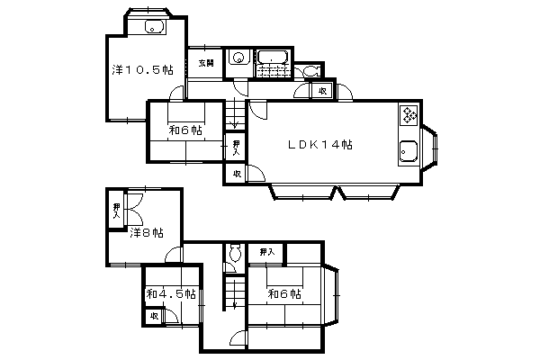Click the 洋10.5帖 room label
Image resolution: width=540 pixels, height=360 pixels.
(142, 70)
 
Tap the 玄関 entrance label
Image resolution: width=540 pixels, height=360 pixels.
(206, 63)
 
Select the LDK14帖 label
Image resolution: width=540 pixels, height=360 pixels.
(319, 144)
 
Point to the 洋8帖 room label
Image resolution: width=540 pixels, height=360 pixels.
(147, 233)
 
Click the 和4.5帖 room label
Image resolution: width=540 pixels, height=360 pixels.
(171, 294)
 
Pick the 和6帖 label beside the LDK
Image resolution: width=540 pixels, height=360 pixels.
(185, 130)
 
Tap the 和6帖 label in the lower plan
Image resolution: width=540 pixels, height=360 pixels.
(284, 294)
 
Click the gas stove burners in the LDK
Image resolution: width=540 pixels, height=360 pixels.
(409, 114)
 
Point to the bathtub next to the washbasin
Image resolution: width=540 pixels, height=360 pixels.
(273, 57)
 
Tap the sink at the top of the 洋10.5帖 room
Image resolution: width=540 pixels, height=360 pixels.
(154, 27)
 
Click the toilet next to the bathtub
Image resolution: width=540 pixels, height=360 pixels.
(311, 71)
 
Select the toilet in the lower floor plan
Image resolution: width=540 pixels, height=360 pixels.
(236, 254)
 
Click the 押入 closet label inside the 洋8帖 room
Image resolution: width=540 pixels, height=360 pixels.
(117, 211)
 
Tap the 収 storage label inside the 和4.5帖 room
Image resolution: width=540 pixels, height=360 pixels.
(154, 316)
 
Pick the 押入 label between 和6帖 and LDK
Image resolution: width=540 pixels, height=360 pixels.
(236, 148)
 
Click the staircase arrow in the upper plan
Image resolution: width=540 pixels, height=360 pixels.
(236, 113)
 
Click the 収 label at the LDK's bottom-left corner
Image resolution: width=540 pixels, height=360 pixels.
(236, 174)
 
